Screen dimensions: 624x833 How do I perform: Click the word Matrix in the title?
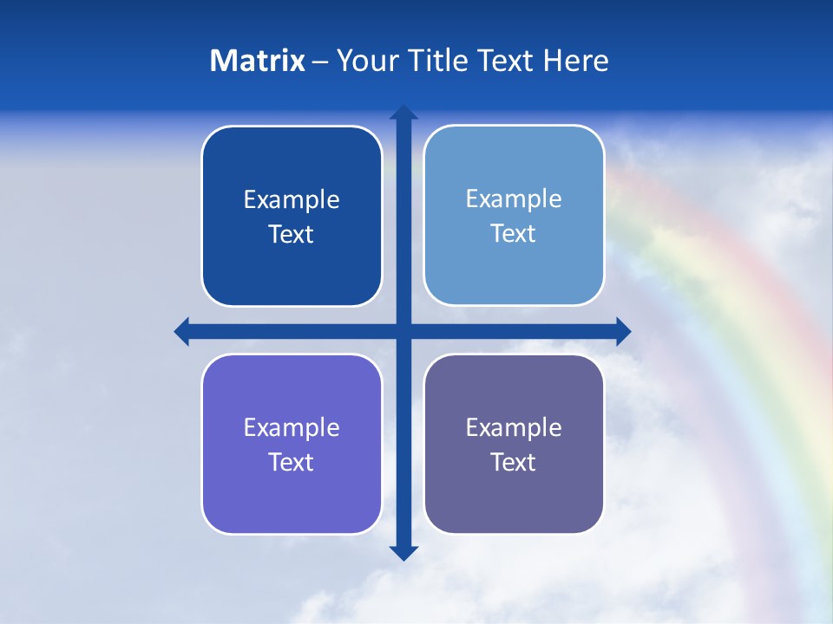(x=258, y=61)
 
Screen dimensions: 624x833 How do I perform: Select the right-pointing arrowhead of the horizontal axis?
(x=622, y=331)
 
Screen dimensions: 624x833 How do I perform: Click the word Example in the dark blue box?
(x=292, y=200)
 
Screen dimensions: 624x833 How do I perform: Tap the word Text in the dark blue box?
(x=292, y=235)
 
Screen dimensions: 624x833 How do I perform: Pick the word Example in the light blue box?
(x=514, y=199)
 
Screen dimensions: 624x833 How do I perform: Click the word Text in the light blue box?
(x=514, y=234)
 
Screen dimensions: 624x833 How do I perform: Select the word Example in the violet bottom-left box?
(x=292, y=428)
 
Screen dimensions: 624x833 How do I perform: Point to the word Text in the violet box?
(x=292, y=463)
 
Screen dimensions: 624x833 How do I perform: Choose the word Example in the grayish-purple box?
(x=514, y=428)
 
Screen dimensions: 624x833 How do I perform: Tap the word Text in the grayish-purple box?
(x=514, y=463)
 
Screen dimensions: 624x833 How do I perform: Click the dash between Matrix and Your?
(x=321, y=62)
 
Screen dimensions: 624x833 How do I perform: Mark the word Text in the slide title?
(x=505, y=61)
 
